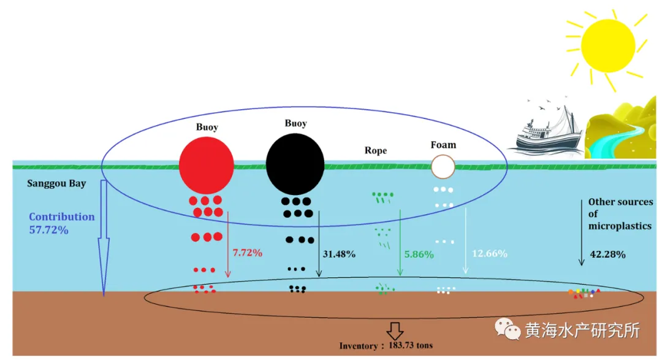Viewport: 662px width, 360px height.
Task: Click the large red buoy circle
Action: click(206, 164)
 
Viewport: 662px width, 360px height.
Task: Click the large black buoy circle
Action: click(295, 162)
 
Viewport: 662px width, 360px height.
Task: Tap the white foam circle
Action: click(443, 166)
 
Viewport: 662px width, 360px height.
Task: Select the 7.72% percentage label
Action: click(247, 252)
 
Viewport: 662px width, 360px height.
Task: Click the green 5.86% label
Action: click(419, 253)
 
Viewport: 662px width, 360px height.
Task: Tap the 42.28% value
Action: click(607, 254)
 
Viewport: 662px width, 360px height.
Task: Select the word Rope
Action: click(376, 150)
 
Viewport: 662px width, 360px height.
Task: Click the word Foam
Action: click(443, 145)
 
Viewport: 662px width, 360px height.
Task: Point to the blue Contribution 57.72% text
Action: click(61, 223)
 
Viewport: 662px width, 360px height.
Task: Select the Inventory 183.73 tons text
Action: click(386, 346)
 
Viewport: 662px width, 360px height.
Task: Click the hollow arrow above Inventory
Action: click(394, 330)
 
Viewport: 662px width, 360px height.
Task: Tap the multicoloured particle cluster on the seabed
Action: click(584, 293)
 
